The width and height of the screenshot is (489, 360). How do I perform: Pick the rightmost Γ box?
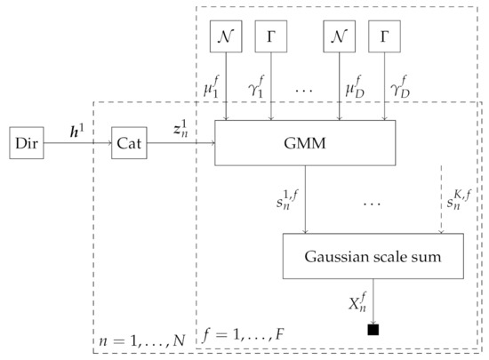[385, 36]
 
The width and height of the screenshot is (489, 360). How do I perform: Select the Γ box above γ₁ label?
[271, 36]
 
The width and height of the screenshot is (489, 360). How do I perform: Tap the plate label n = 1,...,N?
[140, 339]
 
